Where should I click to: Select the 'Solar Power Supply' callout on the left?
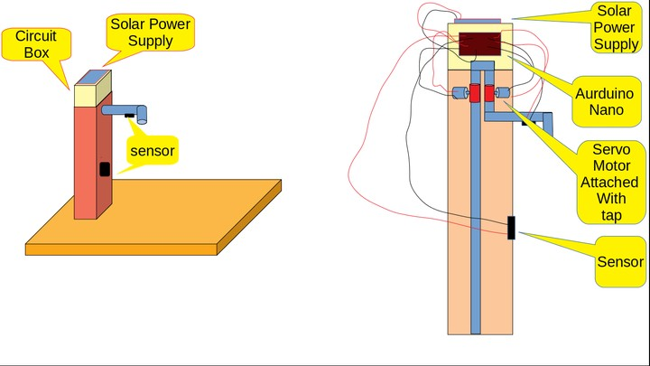150,33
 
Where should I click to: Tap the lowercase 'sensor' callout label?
152,150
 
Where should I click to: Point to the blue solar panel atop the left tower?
92,77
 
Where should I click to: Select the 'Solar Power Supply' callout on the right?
617,27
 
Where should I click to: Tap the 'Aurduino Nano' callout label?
599,100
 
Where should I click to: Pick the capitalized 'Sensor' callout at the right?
620,262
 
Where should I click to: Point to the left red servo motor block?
473,94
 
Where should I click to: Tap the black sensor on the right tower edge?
511,228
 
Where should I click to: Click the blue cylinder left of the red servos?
459,94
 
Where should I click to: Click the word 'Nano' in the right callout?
599,109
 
